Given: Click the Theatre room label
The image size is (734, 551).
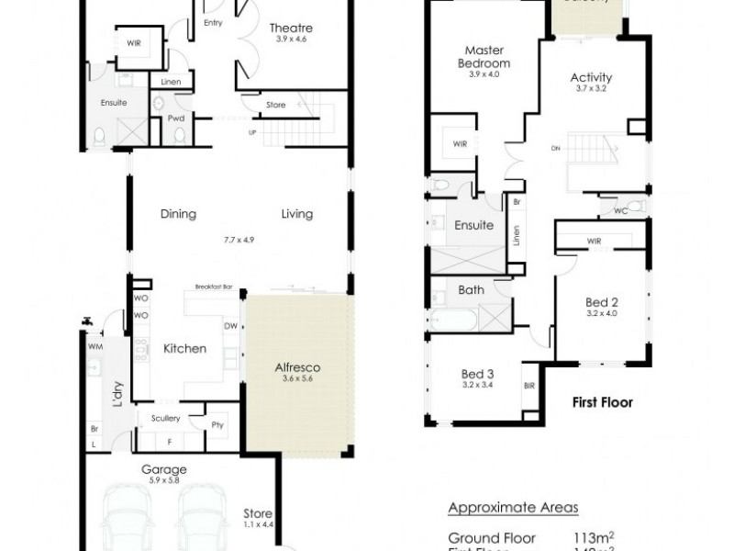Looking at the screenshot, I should click(x=292, y=28).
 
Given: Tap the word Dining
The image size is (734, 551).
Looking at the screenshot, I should click(x=179, y=214).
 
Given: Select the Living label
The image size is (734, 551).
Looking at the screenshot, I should click(x=297, y=214).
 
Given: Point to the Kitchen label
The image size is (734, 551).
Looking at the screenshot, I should click(x=184, y=349).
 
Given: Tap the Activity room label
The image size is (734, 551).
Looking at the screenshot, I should click(x=591, y=78).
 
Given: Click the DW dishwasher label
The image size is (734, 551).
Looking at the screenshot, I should click(x=230, y=324).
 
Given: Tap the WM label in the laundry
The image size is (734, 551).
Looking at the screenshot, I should click(x=95, y=347).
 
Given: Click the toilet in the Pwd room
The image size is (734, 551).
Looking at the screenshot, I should click(x=180, y=136).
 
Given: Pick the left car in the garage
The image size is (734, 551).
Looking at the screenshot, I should click(x=127, y=520).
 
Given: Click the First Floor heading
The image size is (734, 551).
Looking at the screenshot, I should click(x=602, y=402).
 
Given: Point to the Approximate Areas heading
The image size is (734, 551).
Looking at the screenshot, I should click(x=513, y=508).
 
